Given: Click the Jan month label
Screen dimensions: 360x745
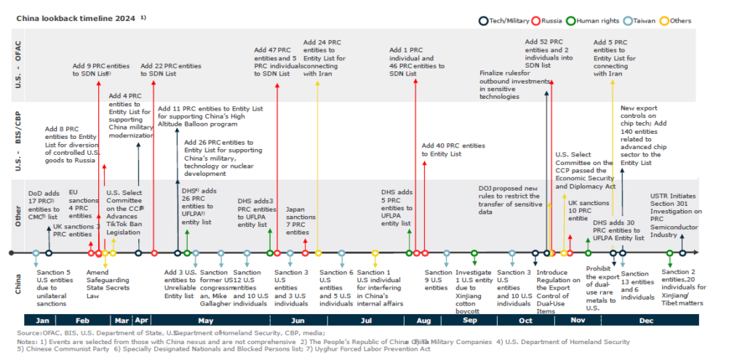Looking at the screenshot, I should (x=43, y=319).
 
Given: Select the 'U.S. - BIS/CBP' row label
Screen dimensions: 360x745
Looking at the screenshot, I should (x=20, y=141).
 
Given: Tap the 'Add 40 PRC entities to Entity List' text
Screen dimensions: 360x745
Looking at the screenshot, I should (x=453, y=149).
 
